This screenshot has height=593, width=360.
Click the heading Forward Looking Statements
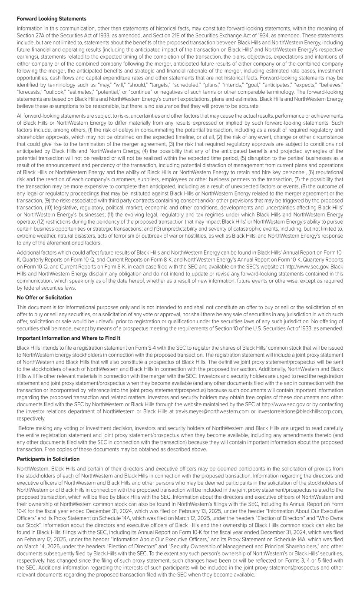51,19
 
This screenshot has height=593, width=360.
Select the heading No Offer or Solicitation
44,298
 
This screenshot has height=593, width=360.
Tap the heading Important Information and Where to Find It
69,338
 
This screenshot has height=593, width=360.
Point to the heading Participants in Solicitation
48,459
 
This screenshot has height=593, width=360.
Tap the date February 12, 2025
38,540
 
